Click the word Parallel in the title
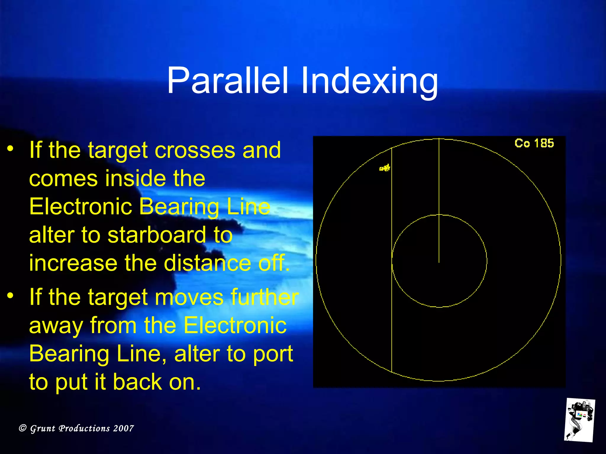point(227,80)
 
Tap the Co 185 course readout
point(534,143)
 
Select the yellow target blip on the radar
point(385,168)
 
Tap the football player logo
point(579,420)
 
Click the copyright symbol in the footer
point(22,428)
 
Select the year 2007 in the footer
point(123,428)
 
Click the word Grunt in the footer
point(43,428)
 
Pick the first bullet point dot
point(11,148)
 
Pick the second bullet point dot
point(11,295)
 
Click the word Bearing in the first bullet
point(179,207)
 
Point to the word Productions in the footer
point(84,428)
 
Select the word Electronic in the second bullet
point(235,325)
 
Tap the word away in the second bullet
point(56,325)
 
